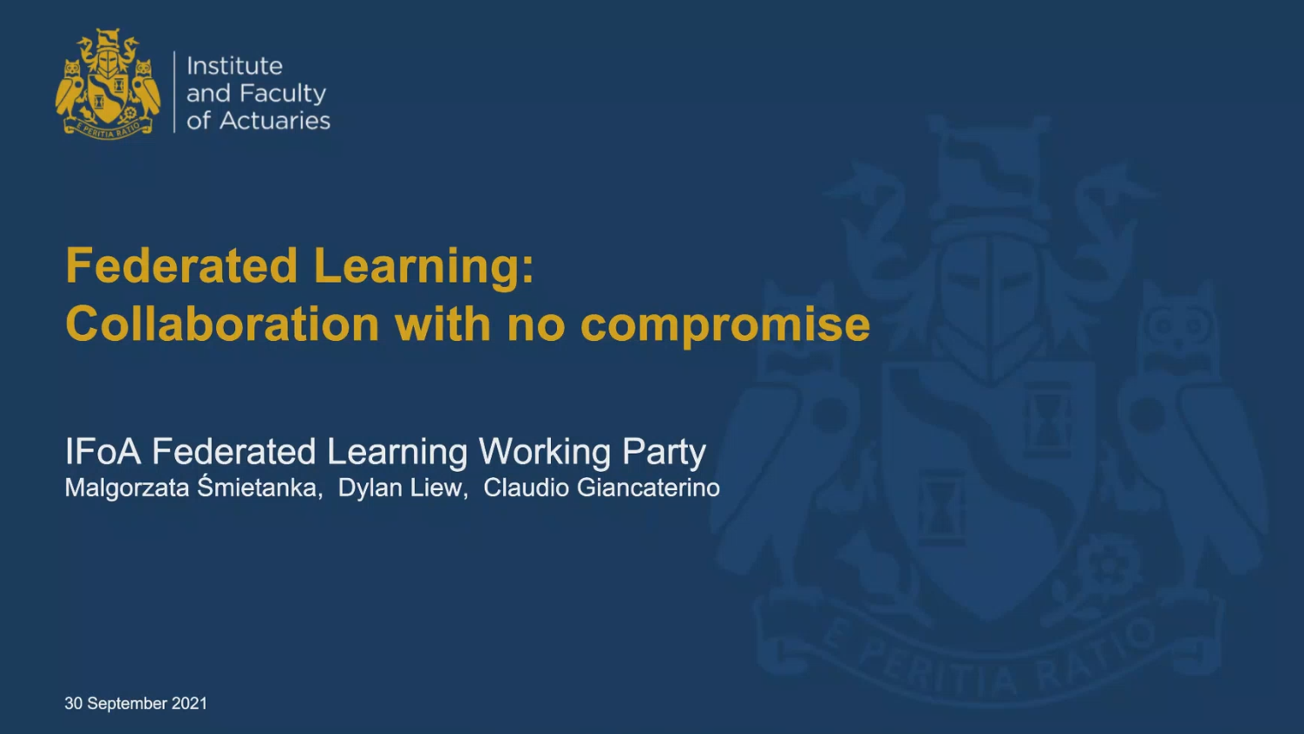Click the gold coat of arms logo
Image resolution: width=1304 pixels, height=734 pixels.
(108, 84)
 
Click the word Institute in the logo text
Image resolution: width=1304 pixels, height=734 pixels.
(234, 66)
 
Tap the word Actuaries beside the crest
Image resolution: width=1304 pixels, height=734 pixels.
(275, 121)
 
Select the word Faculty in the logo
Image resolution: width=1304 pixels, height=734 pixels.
(283, 94)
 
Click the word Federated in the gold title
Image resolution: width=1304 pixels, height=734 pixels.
(181, 265)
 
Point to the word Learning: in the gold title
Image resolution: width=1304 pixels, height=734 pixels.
(423, 268)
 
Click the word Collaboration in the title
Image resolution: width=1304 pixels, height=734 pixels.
(222, 324)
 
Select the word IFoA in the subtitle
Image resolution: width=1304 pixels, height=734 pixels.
(103, 451)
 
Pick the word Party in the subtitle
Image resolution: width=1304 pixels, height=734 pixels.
(665, 454)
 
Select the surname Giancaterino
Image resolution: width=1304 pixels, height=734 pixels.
(648, 488)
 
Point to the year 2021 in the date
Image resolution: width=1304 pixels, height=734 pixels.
(189, 704)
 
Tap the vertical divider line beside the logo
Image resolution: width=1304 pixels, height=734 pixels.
(174, 92)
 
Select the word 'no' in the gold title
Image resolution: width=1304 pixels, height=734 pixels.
(536, 328)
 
